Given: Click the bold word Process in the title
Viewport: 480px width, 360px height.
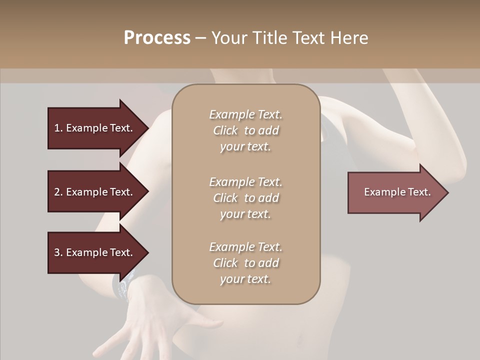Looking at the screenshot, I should (157, 38).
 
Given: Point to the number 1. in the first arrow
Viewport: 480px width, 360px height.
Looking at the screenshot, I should (58, 128).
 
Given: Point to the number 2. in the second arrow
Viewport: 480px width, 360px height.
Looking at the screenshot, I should (58, 192).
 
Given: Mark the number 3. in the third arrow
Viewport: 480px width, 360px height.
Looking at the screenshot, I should (58, 252).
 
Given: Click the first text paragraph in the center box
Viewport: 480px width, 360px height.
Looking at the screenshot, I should (245, 130).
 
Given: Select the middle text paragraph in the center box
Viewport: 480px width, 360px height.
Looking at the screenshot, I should (245, 198).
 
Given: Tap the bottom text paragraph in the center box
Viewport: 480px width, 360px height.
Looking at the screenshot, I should (245, 263).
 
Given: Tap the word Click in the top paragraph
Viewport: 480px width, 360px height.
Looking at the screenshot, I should (225, 130).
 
